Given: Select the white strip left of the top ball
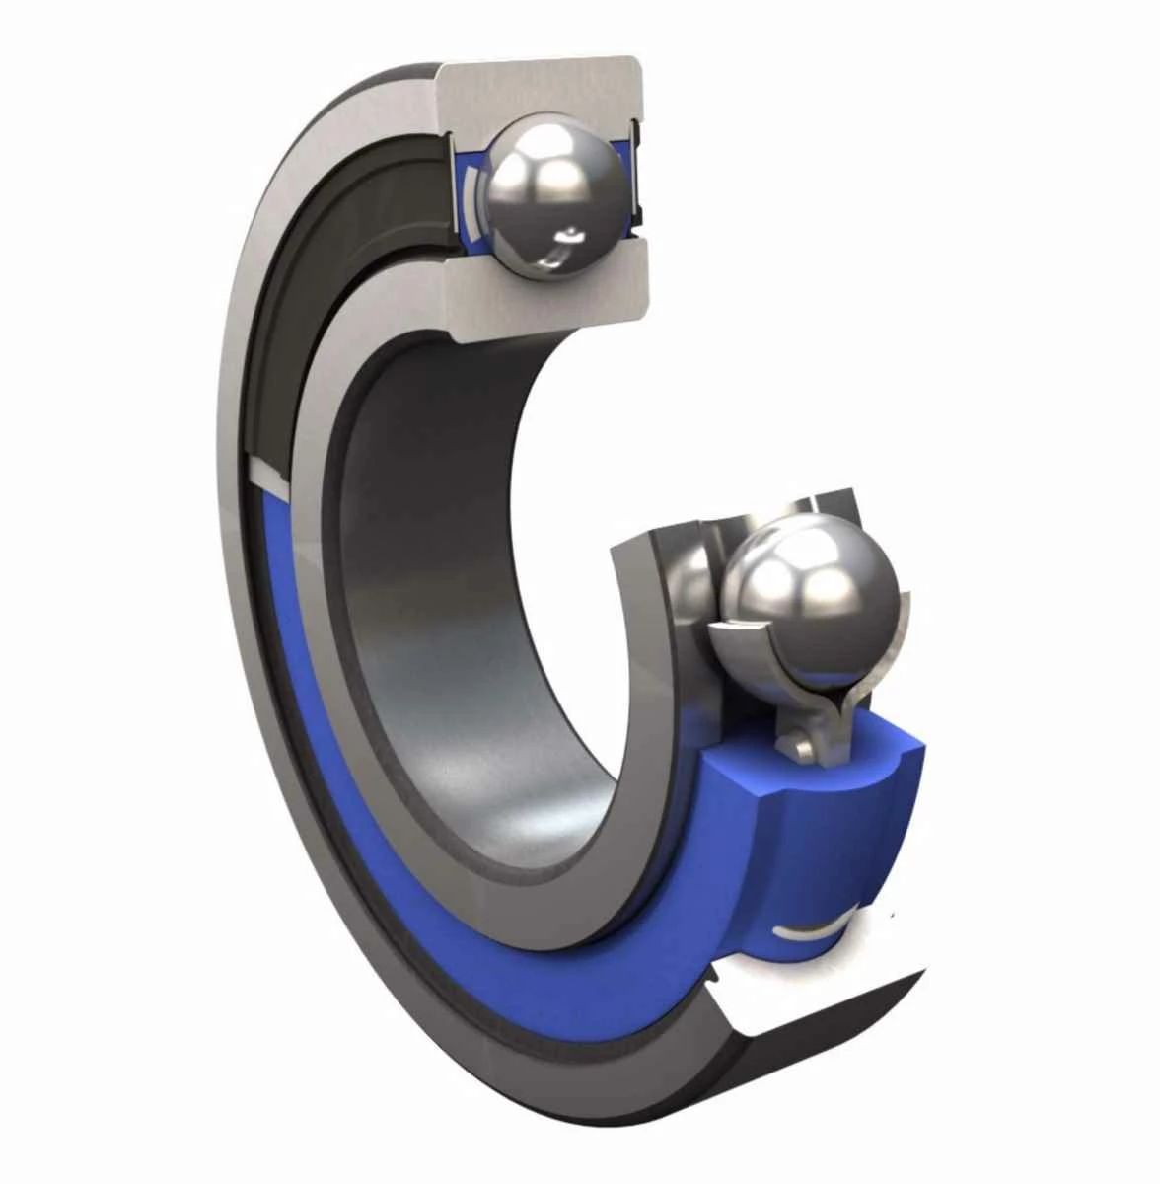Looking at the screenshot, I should (x=471, y=197).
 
